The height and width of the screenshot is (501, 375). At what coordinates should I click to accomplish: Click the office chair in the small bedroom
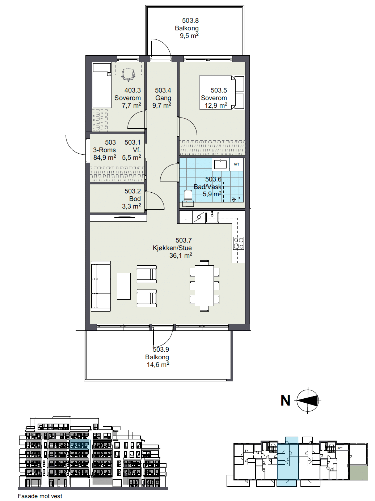128,74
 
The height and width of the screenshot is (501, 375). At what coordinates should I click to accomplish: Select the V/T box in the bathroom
236,164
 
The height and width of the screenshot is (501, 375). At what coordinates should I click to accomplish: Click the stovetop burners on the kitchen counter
239,243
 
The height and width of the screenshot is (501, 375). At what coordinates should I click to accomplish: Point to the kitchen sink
212,218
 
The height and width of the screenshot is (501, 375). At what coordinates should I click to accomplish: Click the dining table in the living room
204,286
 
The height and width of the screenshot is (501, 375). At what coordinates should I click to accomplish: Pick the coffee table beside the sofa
124,286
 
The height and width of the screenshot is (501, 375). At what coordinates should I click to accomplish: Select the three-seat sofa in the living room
101,286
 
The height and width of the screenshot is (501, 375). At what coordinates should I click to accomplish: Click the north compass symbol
308,401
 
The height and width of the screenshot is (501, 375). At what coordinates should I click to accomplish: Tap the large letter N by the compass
286,401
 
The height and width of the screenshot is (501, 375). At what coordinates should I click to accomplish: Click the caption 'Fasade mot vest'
40,496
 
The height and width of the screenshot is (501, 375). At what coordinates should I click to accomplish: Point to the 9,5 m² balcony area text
189,36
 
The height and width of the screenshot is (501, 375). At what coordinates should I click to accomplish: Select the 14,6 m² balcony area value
158,365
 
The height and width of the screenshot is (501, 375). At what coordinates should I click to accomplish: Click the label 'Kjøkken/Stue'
172,248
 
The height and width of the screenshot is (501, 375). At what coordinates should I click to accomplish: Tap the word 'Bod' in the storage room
135,199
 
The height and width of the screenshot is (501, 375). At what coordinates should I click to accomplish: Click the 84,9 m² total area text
105,157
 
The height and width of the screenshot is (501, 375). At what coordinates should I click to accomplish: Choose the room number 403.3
132,90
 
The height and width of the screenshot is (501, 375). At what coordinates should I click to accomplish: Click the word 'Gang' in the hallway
163,98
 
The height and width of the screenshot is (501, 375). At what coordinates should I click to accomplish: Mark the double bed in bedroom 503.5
222,93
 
